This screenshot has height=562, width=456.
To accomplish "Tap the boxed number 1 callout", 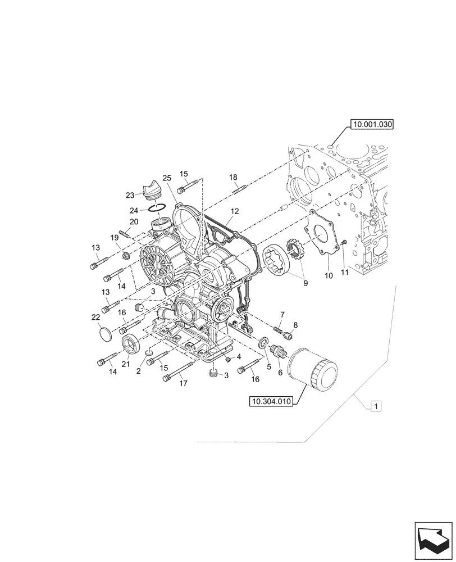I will click(x=376, y=405).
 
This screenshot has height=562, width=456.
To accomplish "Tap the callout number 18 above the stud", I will click(x=234, y=178).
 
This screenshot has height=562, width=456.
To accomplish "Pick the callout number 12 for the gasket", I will click(x=234, y=212).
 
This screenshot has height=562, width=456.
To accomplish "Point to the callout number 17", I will click(x=183, y=384).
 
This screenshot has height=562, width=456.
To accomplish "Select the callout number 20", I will click(x=134, y=221).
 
